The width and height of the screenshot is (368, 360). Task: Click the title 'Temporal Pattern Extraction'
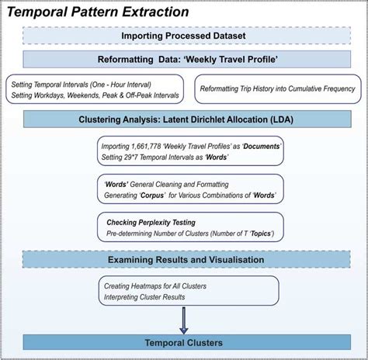[97, 12]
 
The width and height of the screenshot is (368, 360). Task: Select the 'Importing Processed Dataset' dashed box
[184, 36]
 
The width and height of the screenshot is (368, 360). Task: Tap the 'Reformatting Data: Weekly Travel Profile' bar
[184, 59]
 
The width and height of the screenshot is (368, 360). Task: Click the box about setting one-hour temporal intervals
[93, 89]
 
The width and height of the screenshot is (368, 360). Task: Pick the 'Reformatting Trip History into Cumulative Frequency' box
[277, 89]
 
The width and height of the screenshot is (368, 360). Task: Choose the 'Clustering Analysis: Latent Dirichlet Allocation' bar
[184, 119]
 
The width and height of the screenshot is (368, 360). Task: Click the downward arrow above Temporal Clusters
[184, 320]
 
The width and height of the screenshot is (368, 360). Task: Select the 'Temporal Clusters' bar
[184, 342]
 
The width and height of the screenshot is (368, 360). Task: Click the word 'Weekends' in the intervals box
[110, 95]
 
